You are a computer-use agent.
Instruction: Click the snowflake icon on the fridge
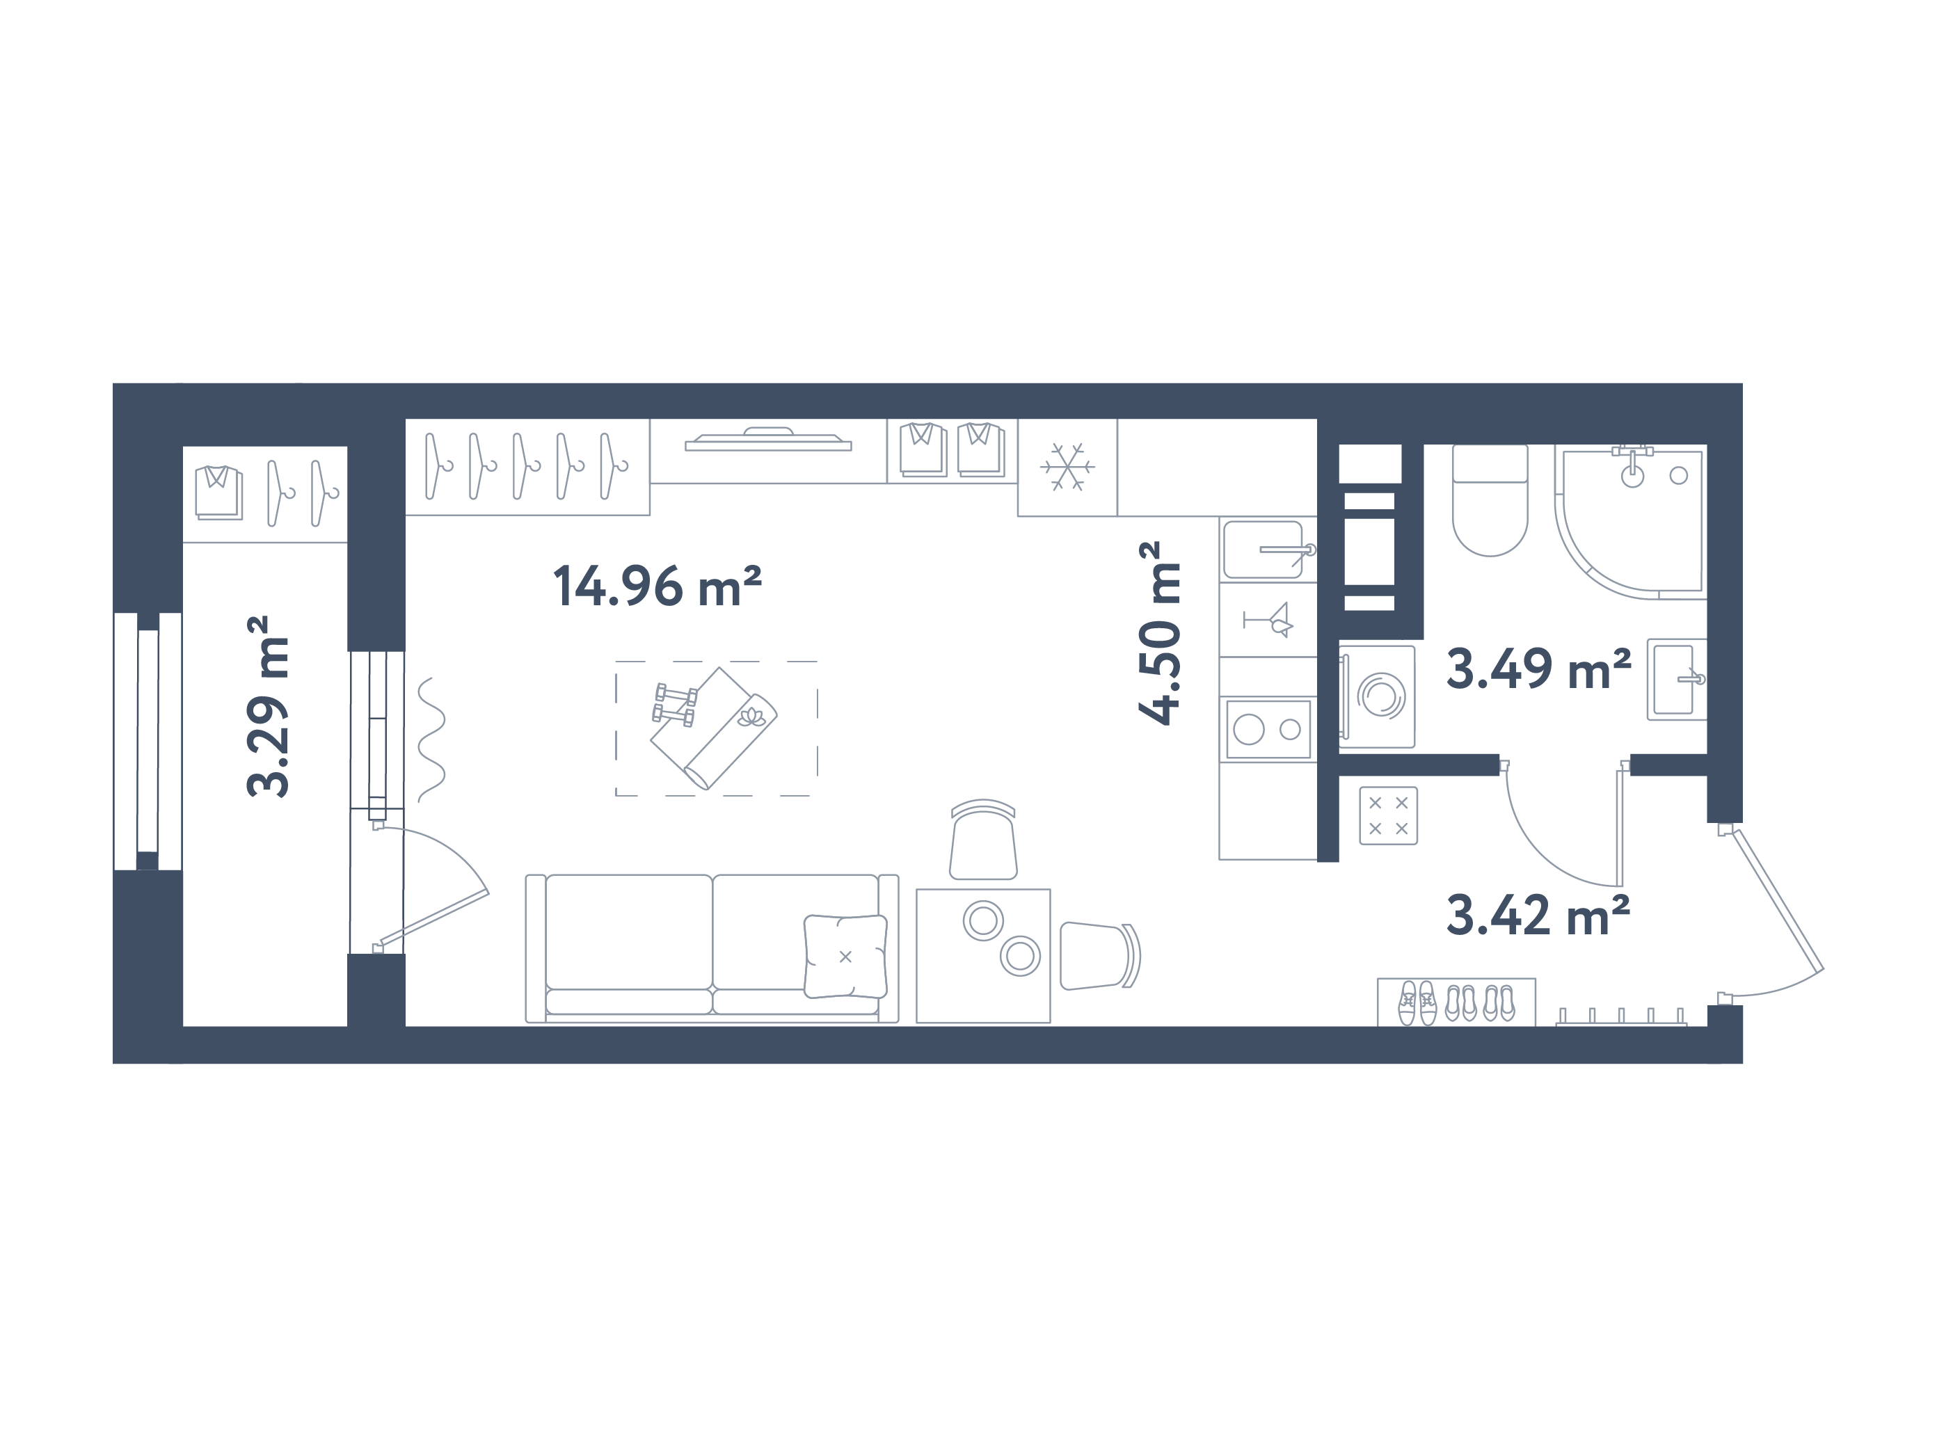click(1067, 467)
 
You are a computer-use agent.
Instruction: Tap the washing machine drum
click(1381, 696)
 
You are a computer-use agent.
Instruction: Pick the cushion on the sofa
click(845, 956)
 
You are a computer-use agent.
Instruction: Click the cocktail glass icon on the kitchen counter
click(1268, 620)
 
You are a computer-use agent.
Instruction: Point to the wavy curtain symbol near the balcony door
click(431, 740)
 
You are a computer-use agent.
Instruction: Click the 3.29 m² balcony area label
click(267, 705)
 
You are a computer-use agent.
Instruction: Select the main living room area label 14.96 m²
click(657, 586)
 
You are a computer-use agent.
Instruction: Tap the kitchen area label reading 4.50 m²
click(1161, 633)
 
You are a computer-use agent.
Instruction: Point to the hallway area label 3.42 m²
click(1538, 916)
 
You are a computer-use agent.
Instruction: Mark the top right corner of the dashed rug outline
click(817, 662)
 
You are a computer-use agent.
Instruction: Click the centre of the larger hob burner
click(1249, 729)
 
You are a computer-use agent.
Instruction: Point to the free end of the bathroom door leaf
click(1619, 886)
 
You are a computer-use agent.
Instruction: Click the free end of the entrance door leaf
click(1822, 969)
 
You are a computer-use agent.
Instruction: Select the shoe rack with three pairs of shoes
click(1456, 1002)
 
